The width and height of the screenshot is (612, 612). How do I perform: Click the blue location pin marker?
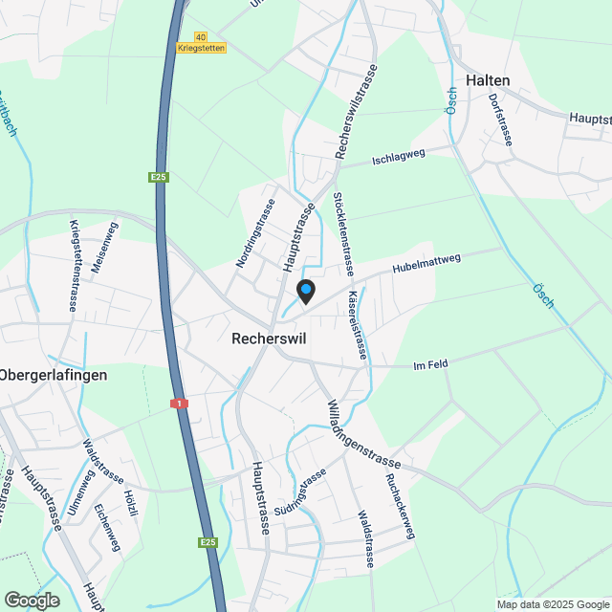click(x=306, y=291)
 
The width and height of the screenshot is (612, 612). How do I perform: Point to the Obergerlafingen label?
click(x=54, y=375)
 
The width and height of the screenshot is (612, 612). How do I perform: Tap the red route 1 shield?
click(x=178, y=404)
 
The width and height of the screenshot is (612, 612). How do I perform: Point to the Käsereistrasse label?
click(x=358, y=324)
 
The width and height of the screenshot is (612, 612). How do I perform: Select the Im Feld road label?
click(x=430, y=362)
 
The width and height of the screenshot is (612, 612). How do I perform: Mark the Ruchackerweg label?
click(x=399, y=507)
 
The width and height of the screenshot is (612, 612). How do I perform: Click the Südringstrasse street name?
click(x=306, y=496)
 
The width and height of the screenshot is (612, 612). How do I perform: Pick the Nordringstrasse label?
click(x=254, y=233)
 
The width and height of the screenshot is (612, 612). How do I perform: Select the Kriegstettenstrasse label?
click(x=75, y=265)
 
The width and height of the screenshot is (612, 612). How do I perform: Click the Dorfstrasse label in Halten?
click(x=500, y=120)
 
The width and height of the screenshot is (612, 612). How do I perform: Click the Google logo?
click(x=31, y=600)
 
